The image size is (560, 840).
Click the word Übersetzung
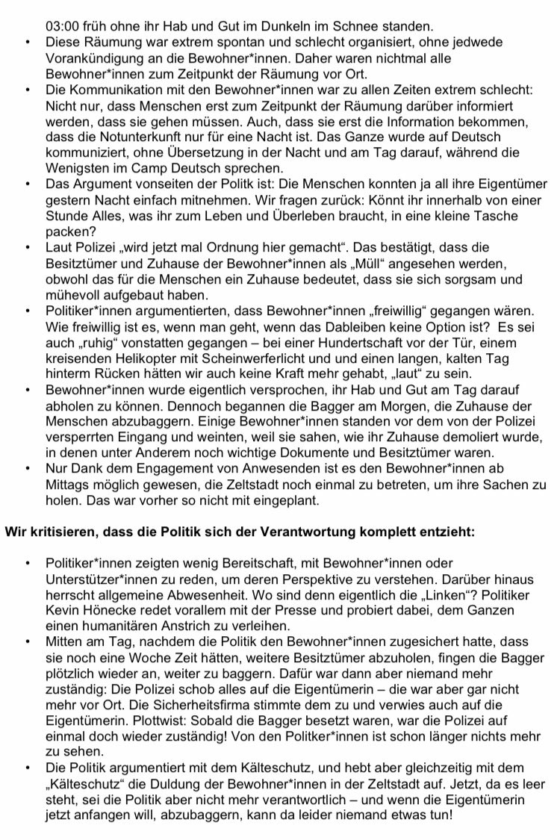click(199, 152)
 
